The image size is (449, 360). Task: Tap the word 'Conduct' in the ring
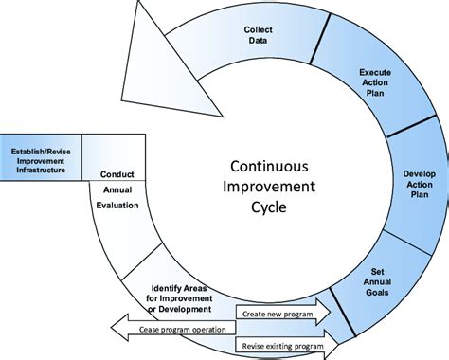tap(120, 173)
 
